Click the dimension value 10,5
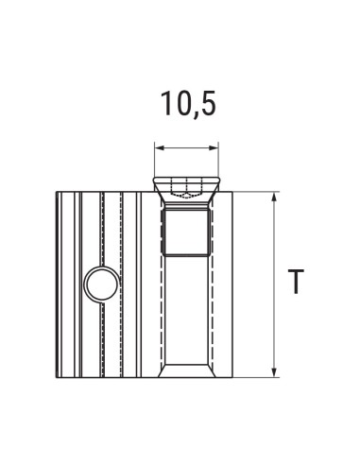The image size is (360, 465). coord(186,102)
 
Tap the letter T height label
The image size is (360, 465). coord(297,283)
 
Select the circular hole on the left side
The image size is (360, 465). coord(100,284)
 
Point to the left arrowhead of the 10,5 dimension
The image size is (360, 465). coord(160,147)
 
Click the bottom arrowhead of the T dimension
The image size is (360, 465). coord(275,371)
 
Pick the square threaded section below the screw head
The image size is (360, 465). coord(186,232)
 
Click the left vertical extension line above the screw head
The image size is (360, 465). coord(154,161)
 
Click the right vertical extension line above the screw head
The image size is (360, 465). coord(219,161)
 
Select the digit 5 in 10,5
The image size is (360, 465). coord(207,102)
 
